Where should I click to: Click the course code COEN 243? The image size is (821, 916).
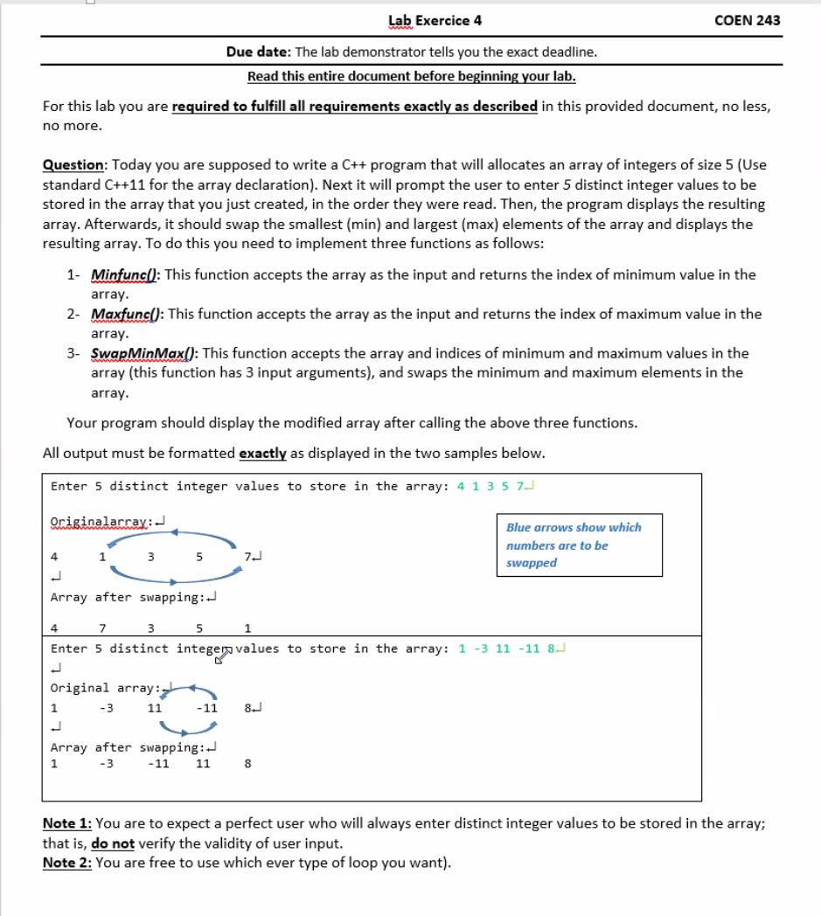[747, 20]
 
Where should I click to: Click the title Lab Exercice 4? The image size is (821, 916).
[435, 20]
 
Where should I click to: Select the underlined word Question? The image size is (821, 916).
[74, 165]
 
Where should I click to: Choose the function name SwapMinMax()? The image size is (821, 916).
[143, 353]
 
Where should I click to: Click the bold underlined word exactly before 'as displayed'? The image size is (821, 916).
[262, 453]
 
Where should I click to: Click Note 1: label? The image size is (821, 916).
[67, 823]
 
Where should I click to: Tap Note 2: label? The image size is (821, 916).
[67, 864]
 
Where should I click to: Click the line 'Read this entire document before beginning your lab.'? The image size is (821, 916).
[412, 76]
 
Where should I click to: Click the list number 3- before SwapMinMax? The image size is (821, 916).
[74, 353]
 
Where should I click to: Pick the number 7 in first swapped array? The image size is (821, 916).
[102, 628]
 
